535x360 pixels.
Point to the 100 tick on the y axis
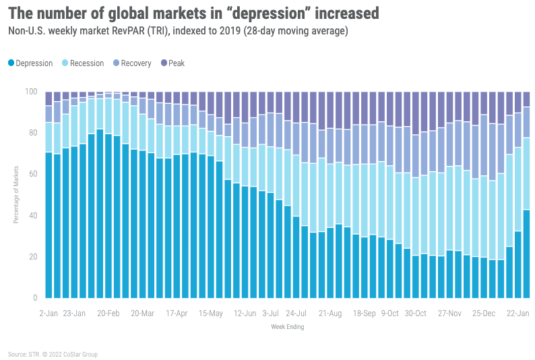(x=31, y=92)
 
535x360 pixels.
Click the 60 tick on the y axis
(x=33, y=174)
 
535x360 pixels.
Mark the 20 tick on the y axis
(x=33, y=257)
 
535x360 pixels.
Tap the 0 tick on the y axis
(x=35, y=298)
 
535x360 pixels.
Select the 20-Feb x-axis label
(x=108, y=313)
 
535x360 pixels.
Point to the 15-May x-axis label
(x=210, y=313)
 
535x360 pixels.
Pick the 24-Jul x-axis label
(x=296, y=313)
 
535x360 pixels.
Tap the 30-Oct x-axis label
(x=415, y=313)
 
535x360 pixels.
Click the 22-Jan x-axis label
(x=518, y=313)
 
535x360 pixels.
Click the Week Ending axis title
(x=288, y=327)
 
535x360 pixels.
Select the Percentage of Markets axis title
(x=16, y=195)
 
